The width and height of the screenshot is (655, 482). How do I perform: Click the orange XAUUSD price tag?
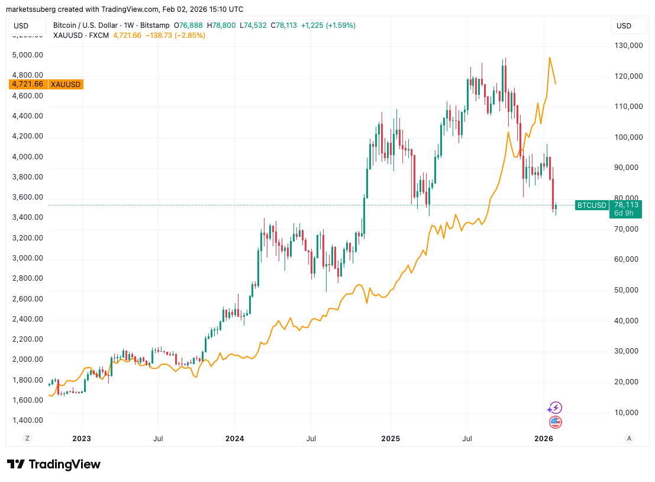pos(46,84)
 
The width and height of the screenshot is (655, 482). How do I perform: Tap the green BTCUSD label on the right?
pos(592,205)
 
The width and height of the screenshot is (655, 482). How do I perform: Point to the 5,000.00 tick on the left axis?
pos(28,55)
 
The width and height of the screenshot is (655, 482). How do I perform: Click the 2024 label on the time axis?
pos(235,439)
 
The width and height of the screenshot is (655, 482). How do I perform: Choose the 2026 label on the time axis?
pos(544,439)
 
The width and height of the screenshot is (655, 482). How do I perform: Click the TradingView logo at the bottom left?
pos(54,464)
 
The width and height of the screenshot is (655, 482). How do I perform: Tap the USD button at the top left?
pos(22,25)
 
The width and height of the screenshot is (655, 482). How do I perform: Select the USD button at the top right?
pos(624,25)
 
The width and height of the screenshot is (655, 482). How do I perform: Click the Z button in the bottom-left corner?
pos(27,439)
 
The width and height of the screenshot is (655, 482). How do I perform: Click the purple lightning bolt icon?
pos(555,407)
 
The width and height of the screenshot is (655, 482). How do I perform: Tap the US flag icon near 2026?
pos(555,422)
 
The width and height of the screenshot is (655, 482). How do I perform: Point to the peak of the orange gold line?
pos(550,57)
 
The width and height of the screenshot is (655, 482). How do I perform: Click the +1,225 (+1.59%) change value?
pos(328,25)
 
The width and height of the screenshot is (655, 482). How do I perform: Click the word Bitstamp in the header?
pos(154,25)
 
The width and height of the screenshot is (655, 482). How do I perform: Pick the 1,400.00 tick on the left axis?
pos(28,420)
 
